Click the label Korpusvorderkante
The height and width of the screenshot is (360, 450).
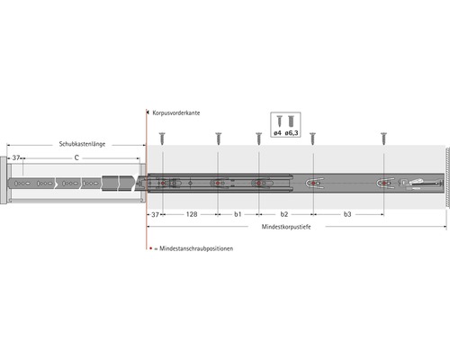pos(176,113)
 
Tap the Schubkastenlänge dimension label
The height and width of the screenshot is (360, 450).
pos(82,144)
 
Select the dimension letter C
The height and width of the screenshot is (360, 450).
pos(76,157)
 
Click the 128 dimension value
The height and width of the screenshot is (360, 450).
pos(192,214)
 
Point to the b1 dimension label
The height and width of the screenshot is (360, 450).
pos(238,214)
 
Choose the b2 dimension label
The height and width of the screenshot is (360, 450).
pos(284,214)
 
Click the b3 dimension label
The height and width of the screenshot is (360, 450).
pos(347,214)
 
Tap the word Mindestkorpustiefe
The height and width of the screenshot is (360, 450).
pos(286,227)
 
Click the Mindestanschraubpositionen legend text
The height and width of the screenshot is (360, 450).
pos(196,248)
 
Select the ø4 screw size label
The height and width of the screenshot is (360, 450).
pos(277,133)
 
